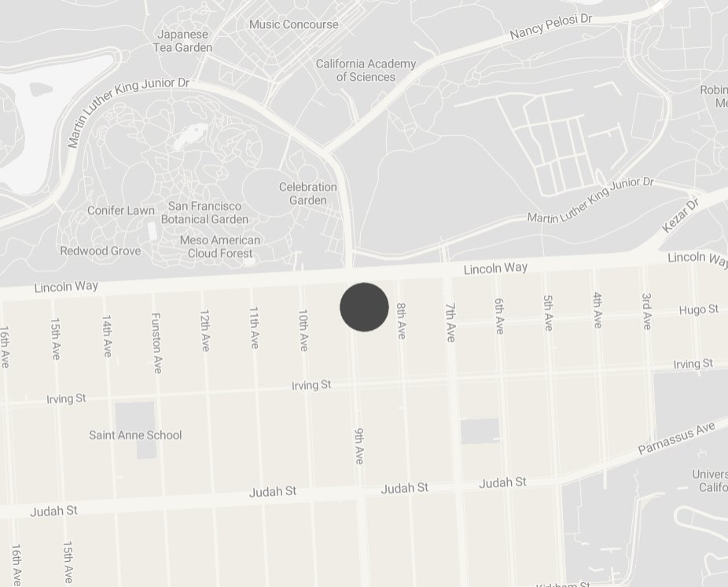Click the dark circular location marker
[x=364, y=307]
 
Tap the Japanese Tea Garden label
[x=184, y=41]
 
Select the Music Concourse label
[x=294, y=24]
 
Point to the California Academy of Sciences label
[x=366, y=70]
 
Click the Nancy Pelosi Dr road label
[x=550, y=27]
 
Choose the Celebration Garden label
[x=308, y=193]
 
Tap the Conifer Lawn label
[x=121, y=211]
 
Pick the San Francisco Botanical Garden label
[x=204, y=212]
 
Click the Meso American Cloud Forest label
[x=220, y=247]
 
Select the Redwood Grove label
[x=101, y=251]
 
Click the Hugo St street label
[x=698, y=310]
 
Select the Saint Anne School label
[x=135, y=435]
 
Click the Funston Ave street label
[x=156, y=343]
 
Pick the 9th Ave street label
[x=359, y=446]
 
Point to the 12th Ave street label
[x=205, y=330]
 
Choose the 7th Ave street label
[x=450, y=322]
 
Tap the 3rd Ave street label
[x=646, y=310]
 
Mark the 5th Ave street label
[x=548, y=313]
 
